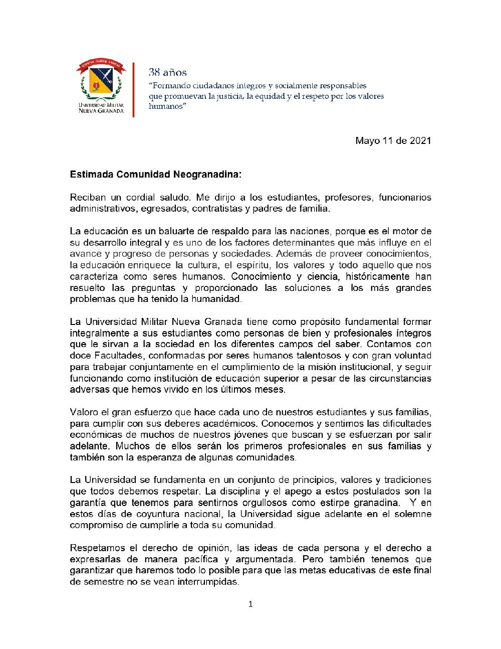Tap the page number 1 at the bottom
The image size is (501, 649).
[x=250, y=604]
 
